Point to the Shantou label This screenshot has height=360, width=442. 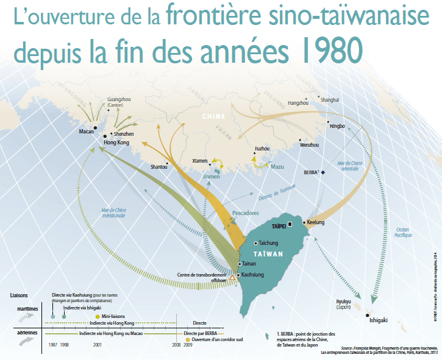coord(159,166)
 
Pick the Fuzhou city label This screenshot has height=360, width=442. coord(262,149)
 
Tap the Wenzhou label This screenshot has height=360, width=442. coord(309,145)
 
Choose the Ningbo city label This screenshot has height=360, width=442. coord(337,126)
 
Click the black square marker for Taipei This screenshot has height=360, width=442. coord(291,224)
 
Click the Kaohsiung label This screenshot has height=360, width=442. coord(254,275)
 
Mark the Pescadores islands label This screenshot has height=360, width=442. coord(246,213)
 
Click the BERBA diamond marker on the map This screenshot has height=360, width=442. coord(324,172)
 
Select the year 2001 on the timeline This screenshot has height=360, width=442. coord(97,344)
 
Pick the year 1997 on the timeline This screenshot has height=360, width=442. coord(54,344)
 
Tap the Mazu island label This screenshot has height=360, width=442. coord(277,166)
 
